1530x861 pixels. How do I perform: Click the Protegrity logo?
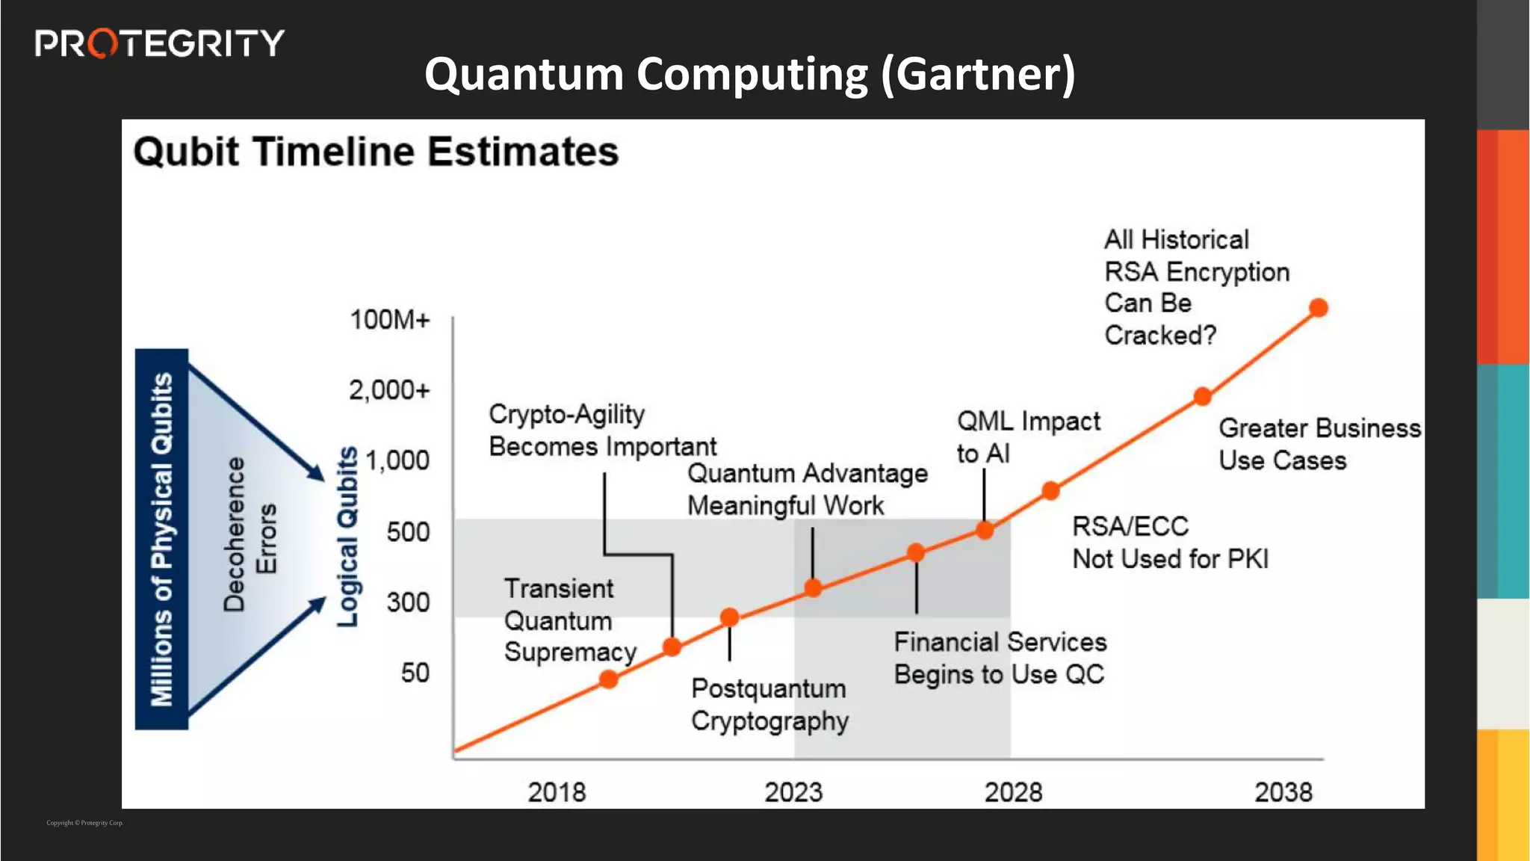tap(159, 43)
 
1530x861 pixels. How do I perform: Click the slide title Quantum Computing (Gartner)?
tap(749, 74)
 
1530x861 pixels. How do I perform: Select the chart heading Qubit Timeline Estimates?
tap(376, 152)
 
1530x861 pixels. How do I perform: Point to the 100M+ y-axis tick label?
tap(390, 320)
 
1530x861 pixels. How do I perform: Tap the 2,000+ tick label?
tap(389, 390)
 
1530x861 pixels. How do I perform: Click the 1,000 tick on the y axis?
tap(397, 460)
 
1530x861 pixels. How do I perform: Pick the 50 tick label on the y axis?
tap(415, 673)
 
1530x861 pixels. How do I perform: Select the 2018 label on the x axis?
tap(557, 792)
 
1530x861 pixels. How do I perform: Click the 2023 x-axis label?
tap(793, 792)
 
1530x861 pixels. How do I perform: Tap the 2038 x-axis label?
tap(1283, 792)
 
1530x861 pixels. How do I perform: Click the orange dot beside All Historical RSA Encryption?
tap(1319, 308)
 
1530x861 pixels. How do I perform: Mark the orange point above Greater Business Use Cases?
tap(1202, 397)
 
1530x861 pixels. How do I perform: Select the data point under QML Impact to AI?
tap(985, 531)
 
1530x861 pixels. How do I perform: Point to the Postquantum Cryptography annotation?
tap(769, 705)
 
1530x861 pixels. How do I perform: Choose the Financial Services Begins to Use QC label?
tap(1000, 658)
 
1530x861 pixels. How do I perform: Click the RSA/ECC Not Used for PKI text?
tap(1170, 543)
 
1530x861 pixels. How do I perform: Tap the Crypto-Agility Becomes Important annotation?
tap(602, 430)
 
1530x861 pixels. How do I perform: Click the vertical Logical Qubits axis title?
tap(347, 537)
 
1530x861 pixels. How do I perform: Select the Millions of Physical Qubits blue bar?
tap(161, 539)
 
